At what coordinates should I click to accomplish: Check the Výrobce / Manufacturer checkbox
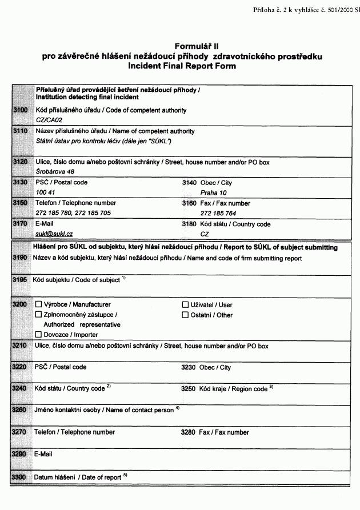(x=39, y=304)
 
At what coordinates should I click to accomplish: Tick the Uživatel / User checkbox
(x=185, y=304)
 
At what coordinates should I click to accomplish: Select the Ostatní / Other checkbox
(x=185, y=315)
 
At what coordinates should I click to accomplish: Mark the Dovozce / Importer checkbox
(x=39, y=335)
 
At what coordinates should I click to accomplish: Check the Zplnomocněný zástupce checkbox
(x=39, y=315)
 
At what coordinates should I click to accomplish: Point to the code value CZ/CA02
(x=49, y=121)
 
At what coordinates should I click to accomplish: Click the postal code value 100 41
(x=45, y=193)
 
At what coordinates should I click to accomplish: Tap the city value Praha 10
(x=213, y=193)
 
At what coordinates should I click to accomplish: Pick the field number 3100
(x=20, y=110)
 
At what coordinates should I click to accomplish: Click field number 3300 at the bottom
(x=20, y=477)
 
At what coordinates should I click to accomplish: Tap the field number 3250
(x=189, y=388)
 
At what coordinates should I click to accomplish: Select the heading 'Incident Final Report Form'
(x=182, y=66)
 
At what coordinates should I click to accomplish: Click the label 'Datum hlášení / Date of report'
(x=77, y=477)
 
